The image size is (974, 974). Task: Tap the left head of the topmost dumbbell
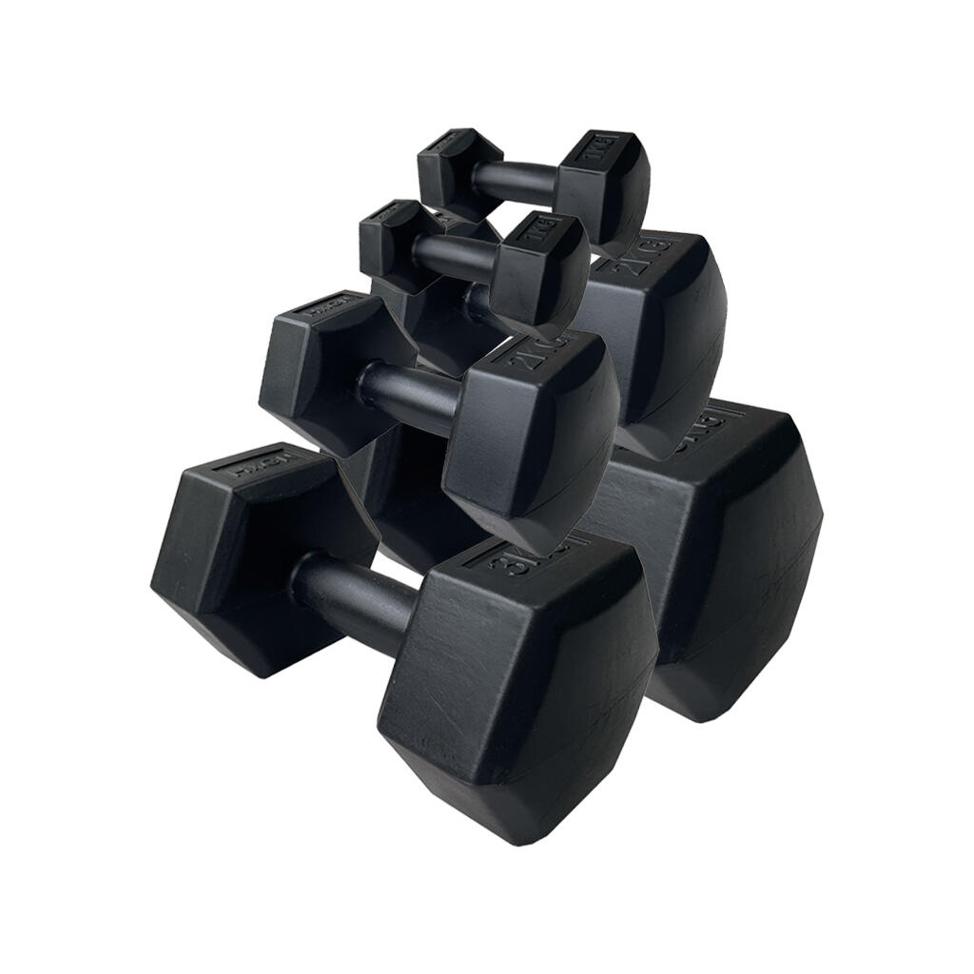pos(458,170)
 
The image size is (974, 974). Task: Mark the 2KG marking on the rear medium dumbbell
pos(651,257)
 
